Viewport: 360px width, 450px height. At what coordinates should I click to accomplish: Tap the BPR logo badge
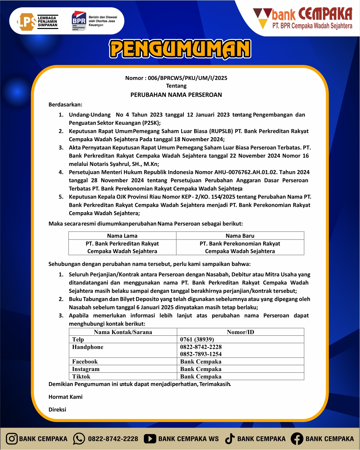coord(79,21)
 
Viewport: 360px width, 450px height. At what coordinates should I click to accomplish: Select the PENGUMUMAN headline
coord(180,49)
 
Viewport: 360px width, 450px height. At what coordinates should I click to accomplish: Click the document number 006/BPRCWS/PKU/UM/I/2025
coord(187,78)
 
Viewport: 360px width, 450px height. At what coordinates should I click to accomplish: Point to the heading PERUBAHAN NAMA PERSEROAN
coord(176,95)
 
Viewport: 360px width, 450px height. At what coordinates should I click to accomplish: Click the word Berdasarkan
coord(65,105)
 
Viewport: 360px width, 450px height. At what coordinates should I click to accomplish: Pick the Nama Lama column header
coord(122,236)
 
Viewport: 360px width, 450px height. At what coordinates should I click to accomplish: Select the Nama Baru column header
coord(240,236)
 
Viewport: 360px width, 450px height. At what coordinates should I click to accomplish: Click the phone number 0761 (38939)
coord(197,339)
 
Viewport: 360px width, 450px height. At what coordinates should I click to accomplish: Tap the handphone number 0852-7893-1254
coord(201,354)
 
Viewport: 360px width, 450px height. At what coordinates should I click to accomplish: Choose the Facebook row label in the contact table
coord(85,361)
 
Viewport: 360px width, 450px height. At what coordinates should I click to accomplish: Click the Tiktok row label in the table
coord(81,376)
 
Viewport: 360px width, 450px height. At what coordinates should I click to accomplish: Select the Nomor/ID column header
coord(240,332)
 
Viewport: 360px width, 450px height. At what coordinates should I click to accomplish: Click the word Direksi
coord(57,410)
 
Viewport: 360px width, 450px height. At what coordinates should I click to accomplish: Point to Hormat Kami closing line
coord(66,397)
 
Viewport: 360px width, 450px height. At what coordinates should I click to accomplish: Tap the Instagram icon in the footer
coord(12,439)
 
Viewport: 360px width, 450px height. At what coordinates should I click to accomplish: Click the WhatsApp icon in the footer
coord(79,439)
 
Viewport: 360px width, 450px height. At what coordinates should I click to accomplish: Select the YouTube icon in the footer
coord(150,439)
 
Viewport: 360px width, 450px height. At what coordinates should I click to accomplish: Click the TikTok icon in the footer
coord(230,439)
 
